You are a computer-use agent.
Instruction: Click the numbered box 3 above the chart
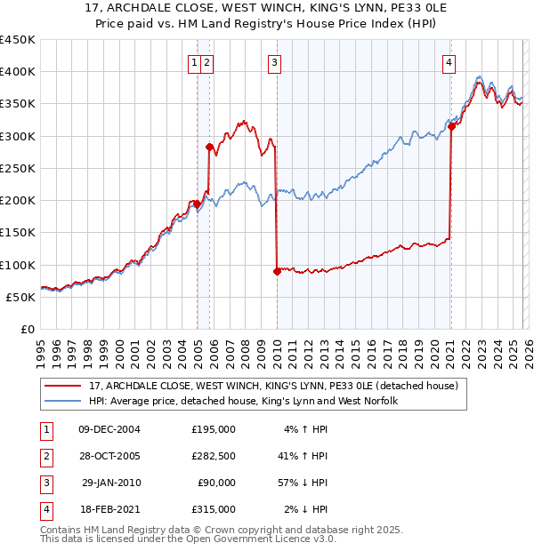pos(275,62)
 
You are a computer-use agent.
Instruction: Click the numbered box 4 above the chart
pos(450,62)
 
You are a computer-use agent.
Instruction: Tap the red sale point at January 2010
pos(277,272)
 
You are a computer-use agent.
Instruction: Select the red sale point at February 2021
pos(451,126)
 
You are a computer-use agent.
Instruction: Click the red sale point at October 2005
pos(210,148)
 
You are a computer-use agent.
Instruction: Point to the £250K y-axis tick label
pos(17,168)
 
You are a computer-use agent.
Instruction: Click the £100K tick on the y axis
pos(17,265)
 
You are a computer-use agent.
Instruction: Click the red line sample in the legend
pos(63,386)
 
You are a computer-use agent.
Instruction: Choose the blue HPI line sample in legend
pos(63,401)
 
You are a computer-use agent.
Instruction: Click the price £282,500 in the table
pos(213,456)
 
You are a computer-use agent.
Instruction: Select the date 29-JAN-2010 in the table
pos(112,483)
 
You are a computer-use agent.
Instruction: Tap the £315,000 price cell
pos(213,509)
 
